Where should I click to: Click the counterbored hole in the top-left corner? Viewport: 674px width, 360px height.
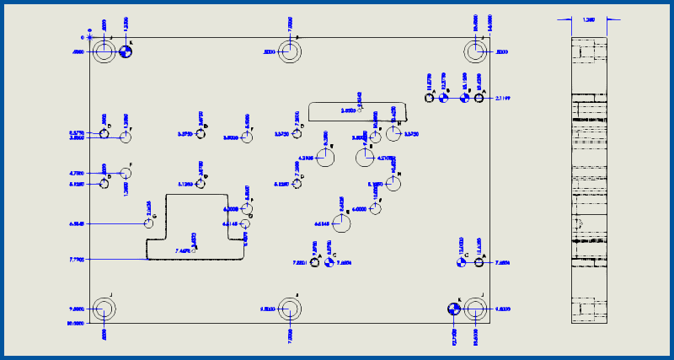click(104, 52)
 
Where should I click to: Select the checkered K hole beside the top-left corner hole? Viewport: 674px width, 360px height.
click(125, 52)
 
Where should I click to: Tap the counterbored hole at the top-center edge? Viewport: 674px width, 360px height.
click(290, 52)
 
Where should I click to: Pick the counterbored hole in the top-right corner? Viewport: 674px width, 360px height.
click(477, 52)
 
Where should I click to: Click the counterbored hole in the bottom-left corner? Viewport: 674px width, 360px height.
click(104, 309)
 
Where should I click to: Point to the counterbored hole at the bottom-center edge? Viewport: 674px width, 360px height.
click(290, 309)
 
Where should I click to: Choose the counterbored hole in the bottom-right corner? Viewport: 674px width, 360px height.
click(477, 309)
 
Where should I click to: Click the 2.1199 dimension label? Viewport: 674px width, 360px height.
click(503, 99)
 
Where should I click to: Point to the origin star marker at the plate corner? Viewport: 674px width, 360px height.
click(89, 37)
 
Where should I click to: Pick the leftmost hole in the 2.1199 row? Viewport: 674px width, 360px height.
click(430, 98)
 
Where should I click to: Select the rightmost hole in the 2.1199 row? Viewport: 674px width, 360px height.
click(479, 98)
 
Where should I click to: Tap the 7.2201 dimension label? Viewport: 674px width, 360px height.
click(300, 263)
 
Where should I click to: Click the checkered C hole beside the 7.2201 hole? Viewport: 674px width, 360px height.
click(329, 263)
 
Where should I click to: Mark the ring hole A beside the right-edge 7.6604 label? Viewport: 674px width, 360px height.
click(479, 263)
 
